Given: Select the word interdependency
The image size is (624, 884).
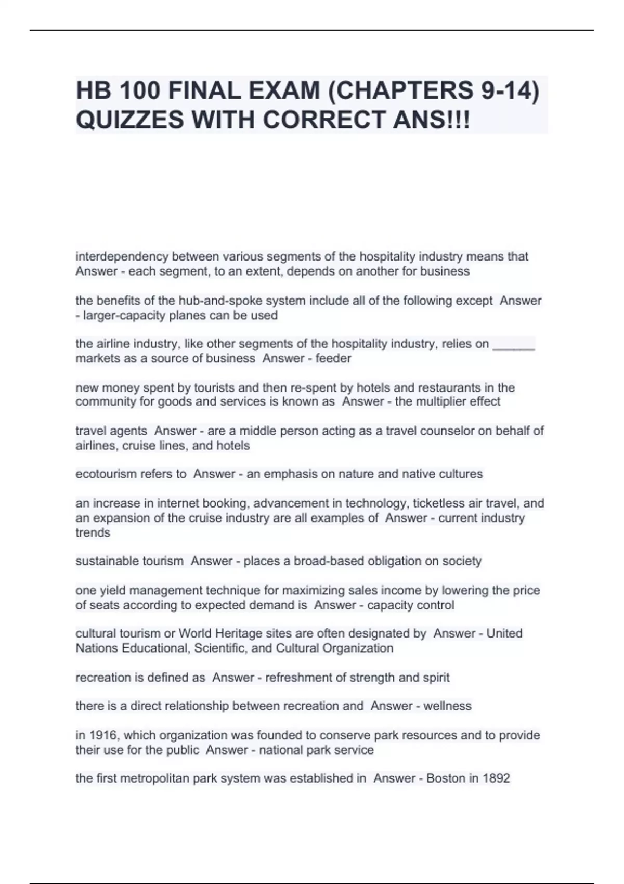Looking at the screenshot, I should [x=122, y=256].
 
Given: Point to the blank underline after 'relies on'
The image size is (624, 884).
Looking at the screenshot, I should [x=513, y=344].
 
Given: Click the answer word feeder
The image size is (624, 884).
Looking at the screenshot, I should [x=333, y=358].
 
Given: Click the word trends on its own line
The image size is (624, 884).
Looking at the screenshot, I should [x=93, y=532].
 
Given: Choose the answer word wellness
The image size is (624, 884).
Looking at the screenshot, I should [x=447, y=706].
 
